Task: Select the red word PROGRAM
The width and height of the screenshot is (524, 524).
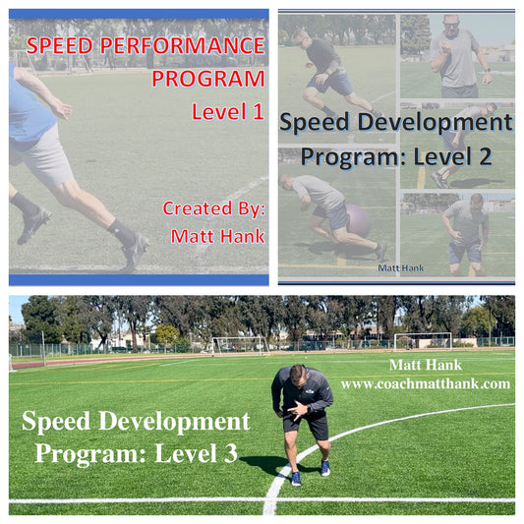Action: [207, 79]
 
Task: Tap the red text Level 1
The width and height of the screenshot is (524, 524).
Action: [228, 112]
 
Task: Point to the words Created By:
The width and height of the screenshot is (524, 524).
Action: [213, 208]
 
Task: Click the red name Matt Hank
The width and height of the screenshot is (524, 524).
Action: [217, 236]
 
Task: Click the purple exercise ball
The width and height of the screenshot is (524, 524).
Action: [357, 220]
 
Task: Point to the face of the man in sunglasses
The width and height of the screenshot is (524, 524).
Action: [450, 26]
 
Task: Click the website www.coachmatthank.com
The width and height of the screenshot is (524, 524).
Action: [425, 383]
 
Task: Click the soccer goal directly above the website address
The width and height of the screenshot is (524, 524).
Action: [423, 341]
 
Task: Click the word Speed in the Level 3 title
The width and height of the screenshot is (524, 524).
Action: [59, 422]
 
